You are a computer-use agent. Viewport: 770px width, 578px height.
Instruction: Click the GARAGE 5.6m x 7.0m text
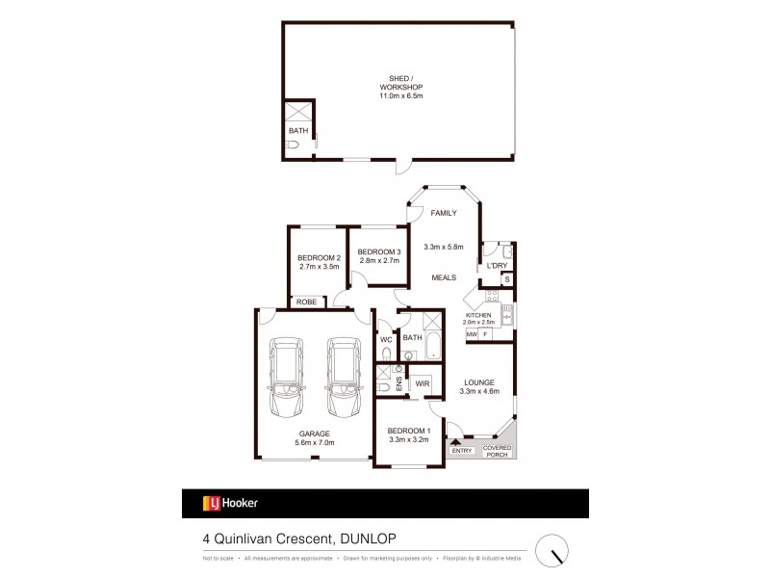(315, 438)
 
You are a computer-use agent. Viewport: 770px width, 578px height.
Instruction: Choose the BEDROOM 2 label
(319, 262)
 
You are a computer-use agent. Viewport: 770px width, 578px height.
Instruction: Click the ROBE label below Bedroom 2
(307, 302)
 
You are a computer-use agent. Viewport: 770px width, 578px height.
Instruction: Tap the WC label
(386, 338)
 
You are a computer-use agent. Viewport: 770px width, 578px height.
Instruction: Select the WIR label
(422, 383)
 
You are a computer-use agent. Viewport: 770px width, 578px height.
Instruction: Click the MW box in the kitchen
(472, 334)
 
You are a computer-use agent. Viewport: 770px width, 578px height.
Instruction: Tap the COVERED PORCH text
(496, 452)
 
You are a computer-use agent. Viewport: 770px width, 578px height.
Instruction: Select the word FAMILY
(444, 212)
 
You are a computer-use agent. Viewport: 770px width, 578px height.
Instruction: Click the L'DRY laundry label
(497, 266)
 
